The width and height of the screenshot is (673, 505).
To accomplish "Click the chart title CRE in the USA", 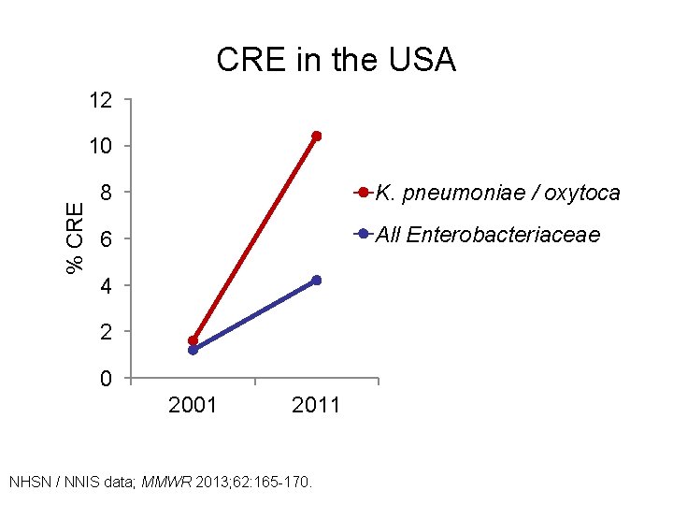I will [x=336, y=60].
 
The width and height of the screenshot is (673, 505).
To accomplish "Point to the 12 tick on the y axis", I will [x=101, y=100].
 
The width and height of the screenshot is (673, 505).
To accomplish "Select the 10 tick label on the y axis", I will [x=101, y=147].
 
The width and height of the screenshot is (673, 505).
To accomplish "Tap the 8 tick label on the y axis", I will [x=107, y=194].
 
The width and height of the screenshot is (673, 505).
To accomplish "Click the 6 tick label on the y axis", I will [x=107, y=240].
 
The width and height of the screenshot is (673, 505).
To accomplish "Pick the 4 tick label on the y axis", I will [x=107, y=286].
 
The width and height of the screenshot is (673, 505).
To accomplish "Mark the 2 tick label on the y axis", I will [x=107, y=333].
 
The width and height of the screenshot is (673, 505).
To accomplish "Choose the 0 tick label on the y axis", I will [x=107, y=380].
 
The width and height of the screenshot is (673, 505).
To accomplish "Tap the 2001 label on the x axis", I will [x=192, y=406].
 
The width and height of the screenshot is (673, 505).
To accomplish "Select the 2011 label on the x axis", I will [x=316, y=406].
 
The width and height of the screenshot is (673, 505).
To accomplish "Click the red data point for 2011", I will [x=317, y=137].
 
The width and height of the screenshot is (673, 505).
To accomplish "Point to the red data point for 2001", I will [x=193, y=340].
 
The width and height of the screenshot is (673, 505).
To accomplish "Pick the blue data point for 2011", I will [x=317, y=281].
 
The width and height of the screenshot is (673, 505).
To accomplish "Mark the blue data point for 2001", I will [x=193, y=351].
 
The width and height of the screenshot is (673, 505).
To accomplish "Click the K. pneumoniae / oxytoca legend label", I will [x=497, y=194].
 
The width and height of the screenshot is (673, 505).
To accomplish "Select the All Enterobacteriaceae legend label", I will [x=487, y=235].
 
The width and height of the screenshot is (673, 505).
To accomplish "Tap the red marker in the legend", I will [x=363, y=194].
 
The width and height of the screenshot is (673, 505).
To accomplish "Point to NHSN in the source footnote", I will [x=29, y=483].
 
